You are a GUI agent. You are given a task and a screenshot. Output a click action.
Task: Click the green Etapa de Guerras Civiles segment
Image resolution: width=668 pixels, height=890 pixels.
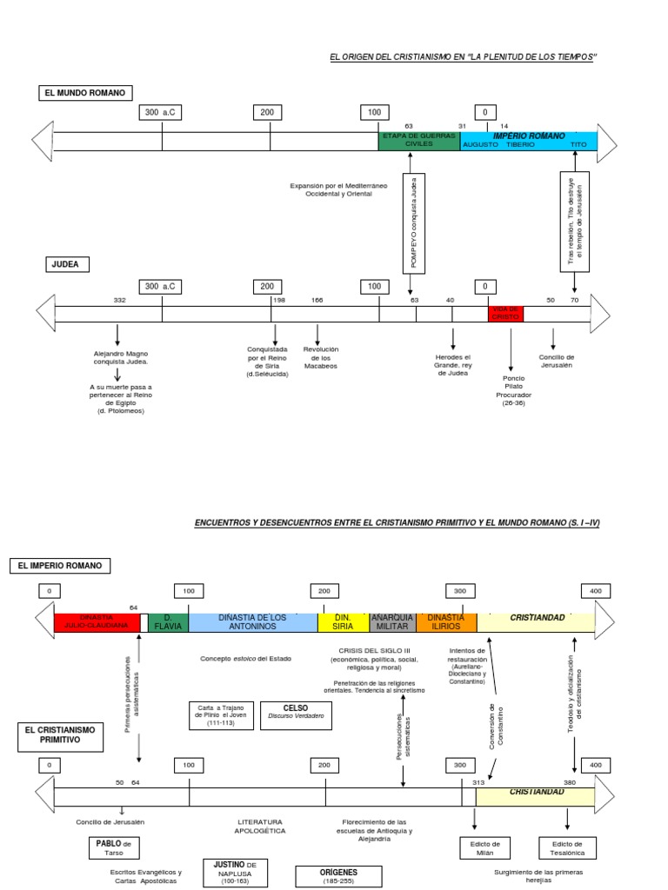(x=418, y=141)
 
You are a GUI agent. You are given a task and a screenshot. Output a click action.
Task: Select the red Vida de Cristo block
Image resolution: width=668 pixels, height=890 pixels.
(x=505, y=313)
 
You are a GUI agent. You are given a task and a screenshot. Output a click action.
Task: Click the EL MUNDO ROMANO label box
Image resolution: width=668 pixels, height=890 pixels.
(x=84, y=93)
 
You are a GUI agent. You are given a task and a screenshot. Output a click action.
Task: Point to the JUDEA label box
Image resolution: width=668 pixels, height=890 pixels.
(x=65, y=263)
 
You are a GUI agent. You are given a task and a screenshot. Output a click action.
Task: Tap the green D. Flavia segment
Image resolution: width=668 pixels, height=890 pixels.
(x=168, y=621)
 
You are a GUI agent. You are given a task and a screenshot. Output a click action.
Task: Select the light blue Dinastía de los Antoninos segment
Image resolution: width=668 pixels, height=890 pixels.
(x=253, y=621)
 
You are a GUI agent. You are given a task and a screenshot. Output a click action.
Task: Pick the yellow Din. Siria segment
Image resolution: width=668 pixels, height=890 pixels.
(x=343, y=621)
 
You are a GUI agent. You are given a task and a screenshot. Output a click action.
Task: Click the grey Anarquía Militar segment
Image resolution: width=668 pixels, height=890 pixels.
(x=392, y=621)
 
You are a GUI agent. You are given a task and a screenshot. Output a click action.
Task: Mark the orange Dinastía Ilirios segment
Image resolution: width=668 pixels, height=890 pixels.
(x=446, y=621)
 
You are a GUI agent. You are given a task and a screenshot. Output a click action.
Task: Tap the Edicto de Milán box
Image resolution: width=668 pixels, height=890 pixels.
(x=484, y=848)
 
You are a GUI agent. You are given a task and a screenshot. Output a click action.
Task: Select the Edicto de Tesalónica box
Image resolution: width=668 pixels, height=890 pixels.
(x=568, y=848)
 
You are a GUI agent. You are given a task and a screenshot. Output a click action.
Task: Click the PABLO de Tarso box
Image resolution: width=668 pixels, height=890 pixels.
(x=113, y=847)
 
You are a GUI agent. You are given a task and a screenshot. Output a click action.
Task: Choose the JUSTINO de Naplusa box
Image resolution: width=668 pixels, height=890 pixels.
(x=235, y=872)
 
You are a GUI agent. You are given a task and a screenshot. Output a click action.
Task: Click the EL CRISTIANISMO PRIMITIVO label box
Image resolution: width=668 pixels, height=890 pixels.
(x=59, y=734)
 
